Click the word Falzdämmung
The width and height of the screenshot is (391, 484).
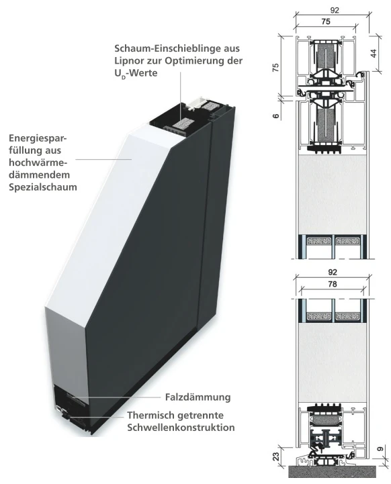click(198, 397)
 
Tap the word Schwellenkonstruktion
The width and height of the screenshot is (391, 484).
click(181, 428)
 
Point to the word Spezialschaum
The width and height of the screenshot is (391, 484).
click(43, 187)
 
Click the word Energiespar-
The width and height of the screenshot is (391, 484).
click(38, 138)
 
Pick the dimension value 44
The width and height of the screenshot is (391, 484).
click(374, 53)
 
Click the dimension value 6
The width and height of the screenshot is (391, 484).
click(276, 115)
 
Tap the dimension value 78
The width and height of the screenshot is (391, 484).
click(333, 284)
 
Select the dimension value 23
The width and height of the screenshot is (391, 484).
click(276, 456)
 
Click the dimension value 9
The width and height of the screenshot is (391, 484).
click(381, 449)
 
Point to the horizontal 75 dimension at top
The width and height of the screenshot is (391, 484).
click(326, 21)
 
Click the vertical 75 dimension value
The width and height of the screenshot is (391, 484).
click(275, 67)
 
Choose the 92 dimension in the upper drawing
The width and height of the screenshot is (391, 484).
click(335, 10)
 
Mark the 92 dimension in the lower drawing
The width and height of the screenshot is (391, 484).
click(333, 273)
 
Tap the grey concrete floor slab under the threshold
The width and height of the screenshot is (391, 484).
click(333, 472)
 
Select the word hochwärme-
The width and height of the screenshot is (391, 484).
click(38, 162)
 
